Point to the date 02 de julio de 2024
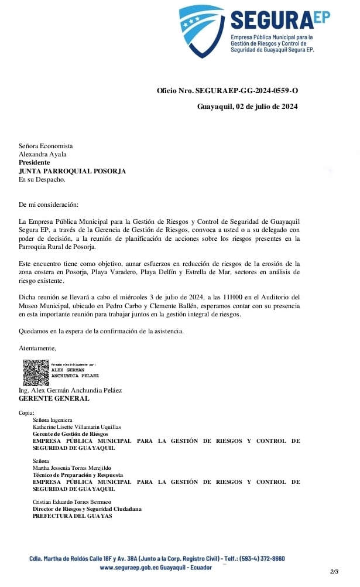pyautogui.click(x=266, y=106)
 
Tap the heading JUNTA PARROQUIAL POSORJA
pyautogui.click(x=72, y=171)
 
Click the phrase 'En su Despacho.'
pyautogui.click(x=42, y=179)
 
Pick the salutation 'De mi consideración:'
pyautogui.click(x=48, y=204)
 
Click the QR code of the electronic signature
pyautogui.click(x=36, y=371)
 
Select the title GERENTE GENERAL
pyautogui.click(x=54, y=398)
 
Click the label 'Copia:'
pyautogui.click(x=26, y=413)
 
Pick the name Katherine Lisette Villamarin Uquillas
pyautogui.click(x=77, y=427)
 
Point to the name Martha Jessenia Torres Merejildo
pyautogui.click(x=72, y=468)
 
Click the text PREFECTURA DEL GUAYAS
pyautogui.click(x=72, y=516)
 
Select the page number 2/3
pyautogui.click(x=334, y=571)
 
